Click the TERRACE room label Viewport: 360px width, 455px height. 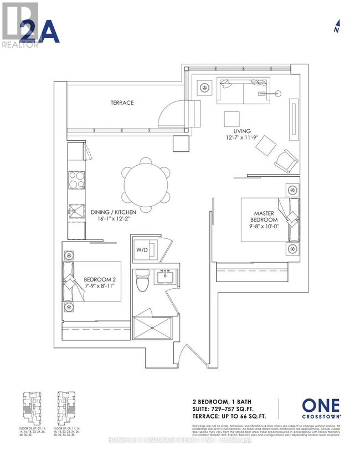pyautogui.click(x=122, y=103)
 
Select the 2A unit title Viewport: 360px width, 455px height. pyautogui.click(x=39, y=32)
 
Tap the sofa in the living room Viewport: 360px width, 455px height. pyautogui.click(x=243, y=90)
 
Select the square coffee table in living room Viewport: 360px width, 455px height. pyautogui.click(x=232, y=119)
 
